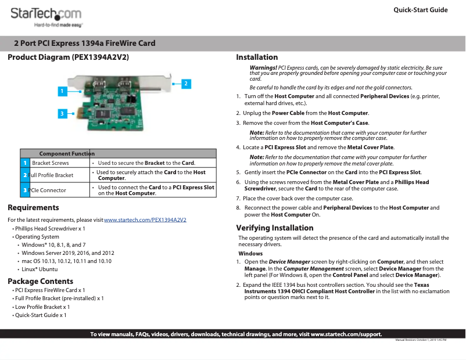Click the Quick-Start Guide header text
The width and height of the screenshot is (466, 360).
[x=420, y=10]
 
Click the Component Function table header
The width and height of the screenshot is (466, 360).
[x=67, y=153]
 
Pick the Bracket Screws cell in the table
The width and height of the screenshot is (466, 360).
[x=51, y=163]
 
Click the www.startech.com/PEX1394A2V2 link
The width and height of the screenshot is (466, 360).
[x=145, y=220]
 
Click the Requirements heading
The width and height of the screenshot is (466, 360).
[x=33, y=207]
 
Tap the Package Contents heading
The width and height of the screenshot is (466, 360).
[x=40, y=281]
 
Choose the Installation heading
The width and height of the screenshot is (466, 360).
[x=257, y=57]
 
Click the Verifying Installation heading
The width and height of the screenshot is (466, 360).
[x=274, y=227]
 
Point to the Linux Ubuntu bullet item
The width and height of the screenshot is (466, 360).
[x=40, y=269]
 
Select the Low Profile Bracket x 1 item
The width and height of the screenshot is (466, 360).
[x=42, y=307]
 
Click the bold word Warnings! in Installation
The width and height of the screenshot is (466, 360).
[x=263, y=68]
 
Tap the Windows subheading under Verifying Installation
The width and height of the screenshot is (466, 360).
[x=250, y=254]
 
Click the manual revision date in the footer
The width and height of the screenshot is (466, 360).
[x=420, y=340]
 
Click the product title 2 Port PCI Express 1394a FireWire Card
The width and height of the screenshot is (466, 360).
[x=85, y=44]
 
